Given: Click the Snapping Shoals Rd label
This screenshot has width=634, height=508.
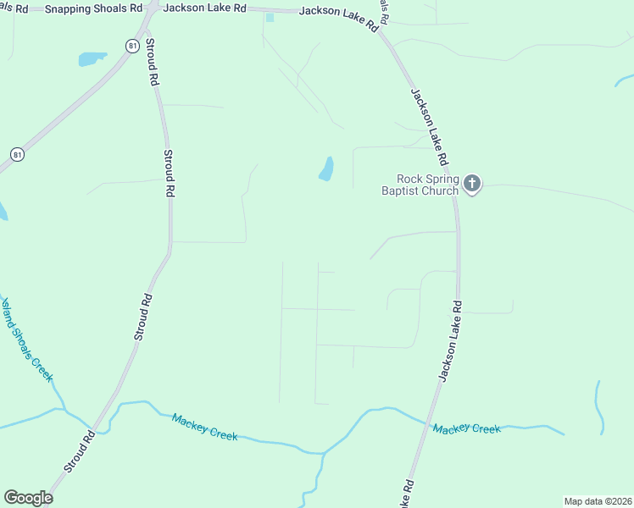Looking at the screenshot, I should [94, 7].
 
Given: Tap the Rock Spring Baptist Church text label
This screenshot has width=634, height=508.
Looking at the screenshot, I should [428, 185].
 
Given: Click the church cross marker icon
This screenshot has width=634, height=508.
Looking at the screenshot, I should [472, 183].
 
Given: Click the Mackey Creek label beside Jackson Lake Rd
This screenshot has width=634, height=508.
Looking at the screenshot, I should [466, 428].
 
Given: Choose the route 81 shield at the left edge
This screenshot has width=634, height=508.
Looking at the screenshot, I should [17, 154].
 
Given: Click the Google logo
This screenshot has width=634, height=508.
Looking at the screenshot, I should [28, 498].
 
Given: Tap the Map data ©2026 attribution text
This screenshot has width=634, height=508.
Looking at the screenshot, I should [598, 501].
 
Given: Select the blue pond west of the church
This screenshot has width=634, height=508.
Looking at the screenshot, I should [326, 168].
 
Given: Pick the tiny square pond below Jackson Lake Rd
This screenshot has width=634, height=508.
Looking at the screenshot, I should [270, 17].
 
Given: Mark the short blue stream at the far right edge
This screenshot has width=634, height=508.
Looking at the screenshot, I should [599, 406].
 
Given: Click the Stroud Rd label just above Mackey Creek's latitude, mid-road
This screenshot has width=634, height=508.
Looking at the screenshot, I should [143, 317].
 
